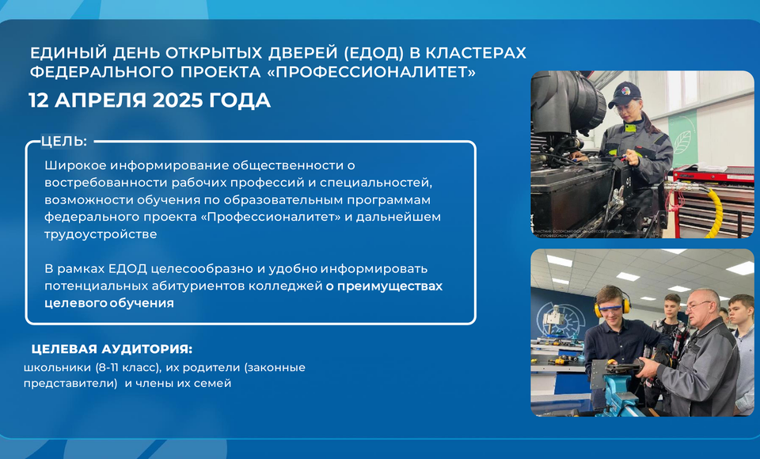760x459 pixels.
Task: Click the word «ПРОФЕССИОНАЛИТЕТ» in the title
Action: (371, 72)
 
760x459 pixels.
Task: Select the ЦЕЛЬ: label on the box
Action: (64, 141)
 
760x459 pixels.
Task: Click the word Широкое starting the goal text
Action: (75, 165)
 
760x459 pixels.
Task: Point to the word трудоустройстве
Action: (101, 234)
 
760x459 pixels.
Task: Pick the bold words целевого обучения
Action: (109, 303)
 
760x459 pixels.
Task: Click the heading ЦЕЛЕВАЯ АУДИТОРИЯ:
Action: (112, 349)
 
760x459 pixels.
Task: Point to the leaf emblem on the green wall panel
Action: (682, 142)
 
